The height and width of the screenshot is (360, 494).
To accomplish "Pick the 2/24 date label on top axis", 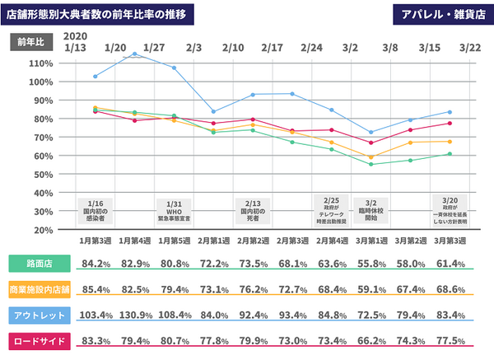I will pyautogui.click(x=311, y=48).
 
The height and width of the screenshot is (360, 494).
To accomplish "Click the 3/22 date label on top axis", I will pyautogui.click(x=470, y=48).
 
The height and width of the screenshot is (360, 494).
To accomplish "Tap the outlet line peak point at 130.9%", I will pyautogui.click(x=135, y=54).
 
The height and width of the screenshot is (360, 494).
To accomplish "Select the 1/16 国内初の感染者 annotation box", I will pyautogui.click(x=96, y=209).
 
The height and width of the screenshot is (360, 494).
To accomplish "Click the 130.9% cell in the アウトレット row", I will pyautogui.click(x=135, y=315).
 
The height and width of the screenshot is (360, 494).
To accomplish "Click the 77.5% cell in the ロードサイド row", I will pyautogui.click(x=450, y=340).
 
